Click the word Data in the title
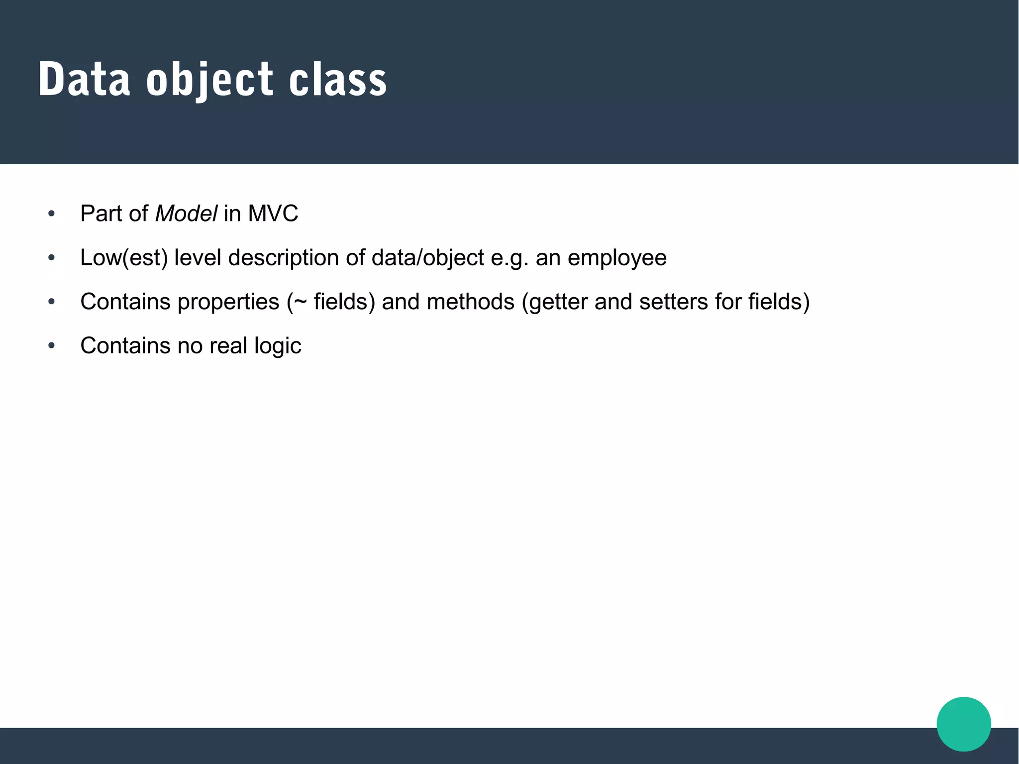[x=84, y=80]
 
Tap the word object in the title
[x=209, y=81]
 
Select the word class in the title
[x=338, y=80]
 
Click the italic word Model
[x=186, y=214]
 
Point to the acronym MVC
[x=273, y=214]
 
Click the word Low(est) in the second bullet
[x=124, y=258]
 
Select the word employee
[x=617, y=258]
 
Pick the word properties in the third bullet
[x=225, y=302]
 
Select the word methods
[x=470, y=302]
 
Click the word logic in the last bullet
[x=278, y=346]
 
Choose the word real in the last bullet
[x=228, y=345]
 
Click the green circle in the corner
[x=963, y=724]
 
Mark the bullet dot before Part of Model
[x=51, y=214]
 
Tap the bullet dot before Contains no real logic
[x=51, y=345]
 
